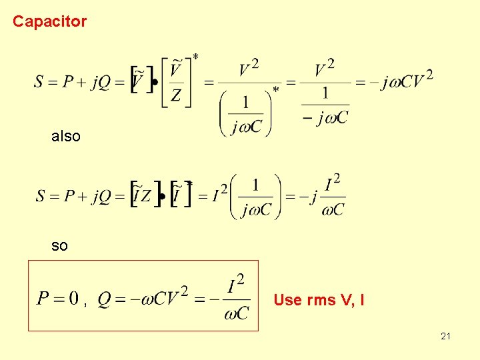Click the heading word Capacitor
[x=49, y=21]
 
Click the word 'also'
[x=66, y=137]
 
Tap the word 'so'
[x=59, y=246]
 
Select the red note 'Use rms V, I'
[x=319, y=300]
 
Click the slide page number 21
[x=445, y=336]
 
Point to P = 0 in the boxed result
[x=58, y=298]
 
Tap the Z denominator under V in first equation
[x=175, y=96]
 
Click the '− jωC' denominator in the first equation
[x=325, y=118]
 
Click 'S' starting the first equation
[x=39, y=83]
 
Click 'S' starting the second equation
[x=40, y=196]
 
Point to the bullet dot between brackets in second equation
[x=162, y=198]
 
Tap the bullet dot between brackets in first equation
[x=155, y=83]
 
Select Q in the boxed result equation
[x=104, y=299]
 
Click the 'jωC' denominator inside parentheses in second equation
[x=257, y=210]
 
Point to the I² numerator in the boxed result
[x=236, y=285]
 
